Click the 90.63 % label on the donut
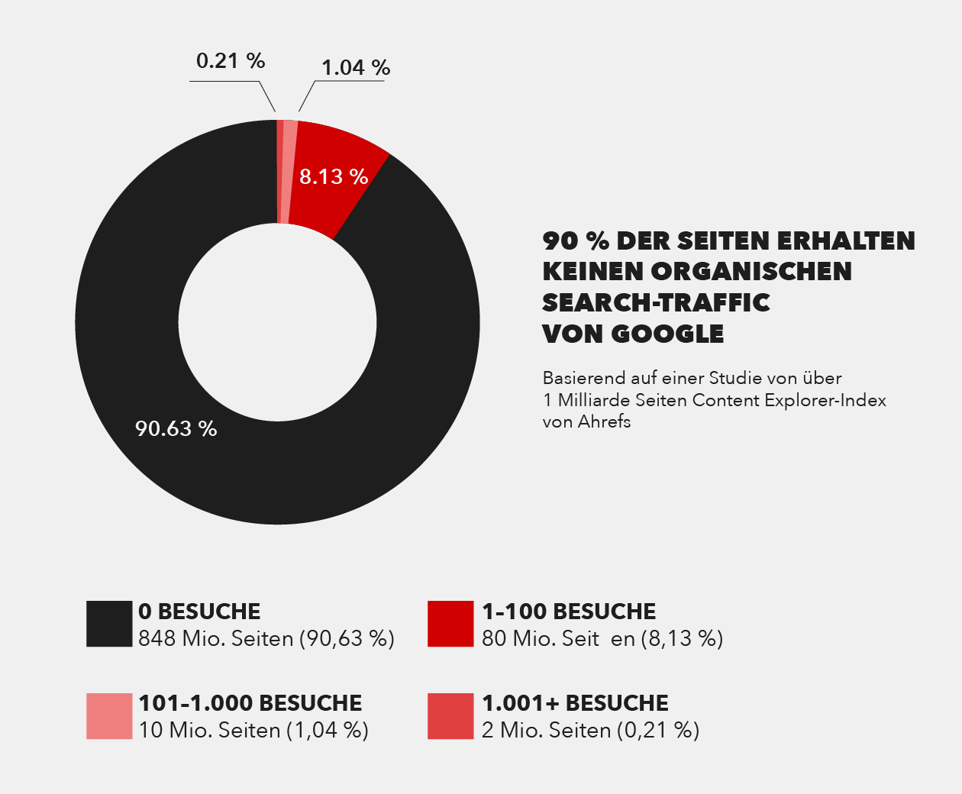[x=176, y=428]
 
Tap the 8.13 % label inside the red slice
[x=334, y=176]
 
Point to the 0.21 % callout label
[x=231, y=60]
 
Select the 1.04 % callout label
[x=356, y=68]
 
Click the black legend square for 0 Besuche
[x=109, y=624]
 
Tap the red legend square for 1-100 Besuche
[x=450, y=624]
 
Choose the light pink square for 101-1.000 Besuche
[x=109, y=716]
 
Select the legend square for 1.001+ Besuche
[x=450, y=716]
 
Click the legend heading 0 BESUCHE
[x=199, y=612]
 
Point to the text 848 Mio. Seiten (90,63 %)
[x=266, y=638]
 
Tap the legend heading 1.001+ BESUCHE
[x=575, y=703]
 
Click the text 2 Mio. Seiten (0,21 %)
[x=590, y=731]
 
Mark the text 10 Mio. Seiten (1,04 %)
[x=253, y=731]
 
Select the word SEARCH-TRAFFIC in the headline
[x=656, y=302]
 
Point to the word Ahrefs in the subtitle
[x=604, y=422]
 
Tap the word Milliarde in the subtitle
[x=594, y=400]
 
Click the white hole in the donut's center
[x=278, y=322]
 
